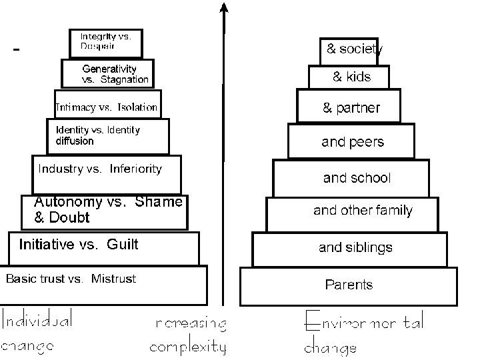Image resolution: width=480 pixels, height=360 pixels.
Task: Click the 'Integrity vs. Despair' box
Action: point(105,41)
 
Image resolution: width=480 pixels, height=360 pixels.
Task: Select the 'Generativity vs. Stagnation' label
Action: point(115,74)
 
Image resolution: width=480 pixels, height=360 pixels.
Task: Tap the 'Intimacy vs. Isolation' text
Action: point(107,107)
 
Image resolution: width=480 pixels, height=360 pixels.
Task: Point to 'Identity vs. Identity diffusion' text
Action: point(97,135)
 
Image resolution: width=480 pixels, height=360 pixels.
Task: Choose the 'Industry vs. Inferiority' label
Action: point(99,169)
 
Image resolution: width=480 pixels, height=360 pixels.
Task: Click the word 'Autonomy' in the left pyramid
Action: point(67,202)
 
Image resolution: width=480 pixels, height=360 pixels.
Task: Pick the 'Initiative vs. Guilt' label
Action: point(79,245)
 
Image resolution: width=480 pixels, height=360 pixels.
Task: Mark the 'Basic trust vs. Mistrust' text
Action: point(71,279)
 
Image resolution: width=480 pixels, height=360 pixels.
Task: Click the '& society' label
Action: point(354,49)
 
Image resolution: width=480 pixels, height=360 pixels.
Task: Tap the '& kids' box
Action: point(351,77)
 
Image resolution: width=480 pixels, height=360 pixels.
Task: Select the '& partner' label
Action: point(351,108)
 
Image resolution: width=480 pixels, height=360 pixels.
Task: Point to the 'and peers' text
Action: point(353,142)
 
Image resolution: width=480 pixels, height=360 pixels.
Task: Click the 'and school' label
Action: point(357,178)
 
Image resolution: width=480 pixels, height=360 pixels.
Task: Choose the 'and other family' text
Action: point(363,211)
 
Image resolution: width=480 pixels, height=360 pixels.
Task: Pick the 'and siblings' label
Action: point(355,248)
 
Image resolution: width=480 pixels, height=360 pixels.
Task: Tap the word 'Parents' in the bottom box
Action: point(349,285)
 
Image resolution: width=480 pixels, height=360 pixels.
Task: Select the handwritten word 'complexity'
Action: point(188,347)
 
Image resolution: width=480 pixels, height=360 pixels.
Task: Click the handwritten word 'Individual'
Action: point(37,321)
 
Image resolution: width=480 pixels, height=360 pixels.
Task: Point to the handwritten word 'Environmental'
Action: point(364,323)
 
